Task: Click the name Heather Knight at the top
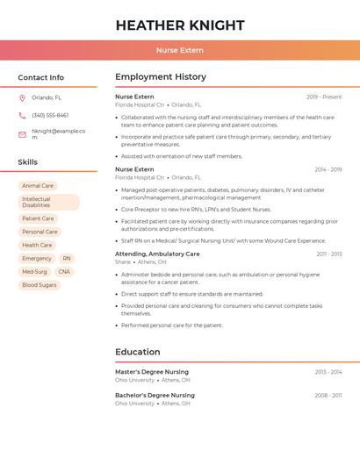click(x=179, y=25)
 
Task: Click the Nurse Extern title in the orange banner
click(x=179, y=50)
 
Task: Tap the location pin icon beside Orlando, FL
click(x=22, y=97)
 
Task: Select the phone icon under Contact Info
click(x=22, y=115)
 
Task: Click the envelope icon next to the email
click(x=22, y=134)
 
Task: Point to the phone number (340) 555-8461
click(x=50, y=115)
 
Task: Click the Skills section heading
click(x=28, y=162)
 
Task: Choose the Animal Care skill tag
click(x=38, y=186)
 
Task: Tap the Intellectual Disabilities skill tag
click(x=48, y=202)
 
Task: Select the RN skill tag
click(x=67, y=259)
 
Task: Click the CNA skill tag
click(x=64, y=272)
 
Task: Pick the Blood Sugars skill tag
click(x=40, y=285)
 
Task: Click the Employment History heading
click(x=161, y=77)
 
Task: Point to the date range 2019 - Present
click(x=324, y=97)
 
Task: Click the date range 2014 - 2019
click(x=328, y=169)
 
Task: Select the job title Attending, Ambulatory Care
click(x=157, y=254)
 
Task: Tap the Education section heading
click(x=138, y=352)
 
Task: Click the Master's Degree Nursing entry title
click(x=152, y=372)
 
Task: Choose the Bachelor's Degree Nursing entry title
click(x=155, y=396)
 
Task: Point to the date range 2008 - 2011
click(x=328, y=396)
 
